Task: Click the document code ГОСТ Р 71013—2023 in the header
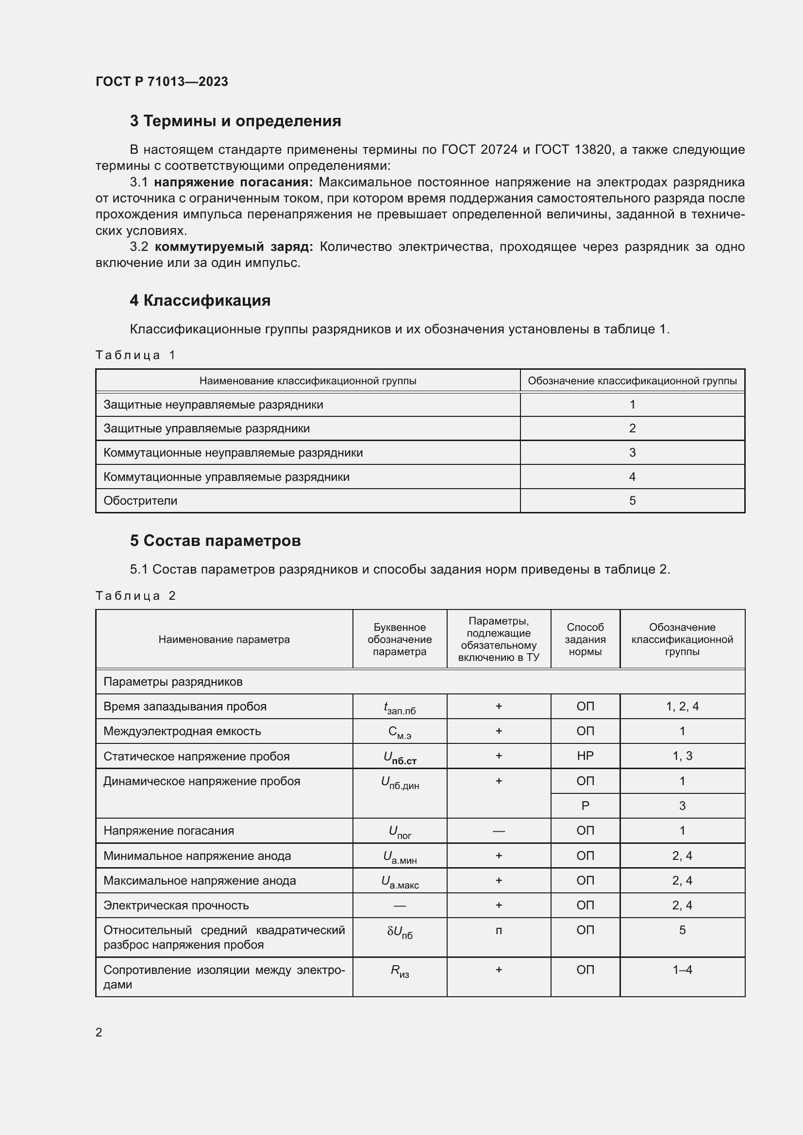[x=162, y=82]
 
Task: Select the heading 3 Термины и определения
[x=235, y=121]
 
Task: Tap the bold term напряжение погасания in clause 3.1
[x=234, y=182]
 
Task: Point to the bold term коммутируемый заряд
[x=234, y=247]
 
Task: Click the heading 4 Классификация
[x=200, y=300]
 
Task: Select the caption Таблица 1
[x=135, y=355]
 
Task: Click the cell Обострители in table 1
[x=140, y=501]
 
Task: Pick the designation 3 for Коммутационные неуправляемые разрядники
[x=632, y=452]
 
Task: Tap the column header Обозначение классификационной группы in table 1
[x=632, y=380]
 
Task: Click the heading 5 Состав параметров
[x=215, y=541]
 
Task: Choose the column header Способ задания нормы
[x=585, y=639]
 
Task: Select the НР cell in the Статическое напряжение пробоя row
[x=585, y=756]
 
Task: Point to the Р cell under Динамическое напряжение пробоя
[x=585, y=806]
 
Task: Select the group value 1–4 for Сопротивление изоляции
[x=682, y=970]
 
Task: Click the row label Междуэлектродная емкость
[x=182, y=731]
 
